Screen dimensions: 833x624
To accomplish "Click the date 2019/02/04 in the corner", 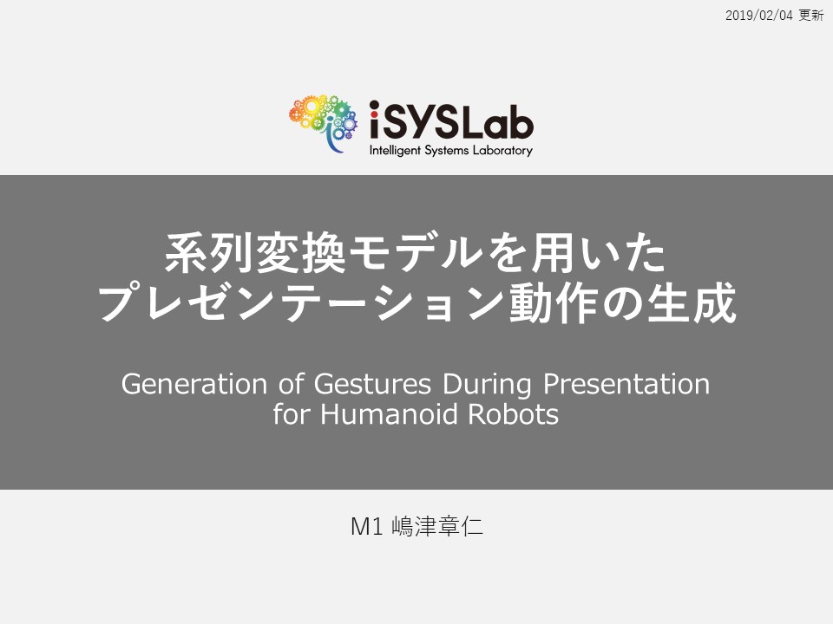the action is click(x=758, y=16).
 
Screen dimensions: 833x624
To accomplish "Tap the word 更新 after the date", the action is click(x=811, y=16).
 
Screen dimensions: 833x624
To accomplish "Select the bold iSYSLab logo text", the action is click(x=451, y=121).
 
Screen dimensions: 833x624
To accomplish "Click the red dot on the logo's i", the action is click(x=375, y=105).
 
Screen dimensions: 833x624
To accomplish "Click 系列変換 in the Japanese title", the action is click(x=255, y=253).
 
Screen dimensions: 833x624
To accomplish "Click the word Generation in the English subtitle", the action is click(x=193, y=384).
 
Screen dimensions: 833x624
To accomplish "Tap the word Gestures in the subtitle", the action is click(x=372, y=385).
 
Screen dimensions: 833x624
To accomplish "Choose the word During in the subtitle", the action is click(x=487, y=385).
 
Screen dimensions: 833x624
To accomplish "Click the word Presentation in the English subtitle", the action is click(x=626, y=384).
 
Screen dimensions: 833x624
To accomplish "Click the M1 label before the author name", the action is click(x=366, y=526).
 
